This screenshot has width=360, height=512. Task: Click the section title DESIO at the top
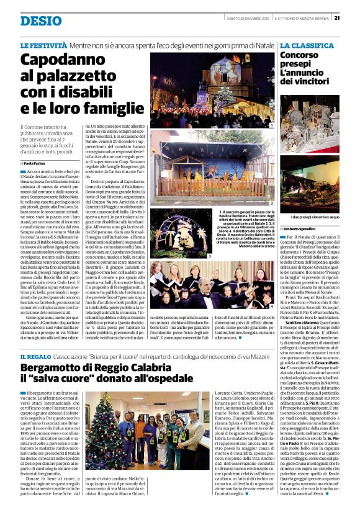pos(41,20)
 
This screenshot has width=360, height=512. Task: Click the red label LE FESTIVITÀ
pos(43,46)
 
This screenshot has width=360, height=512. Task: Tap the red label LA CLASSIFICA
pos(307,46)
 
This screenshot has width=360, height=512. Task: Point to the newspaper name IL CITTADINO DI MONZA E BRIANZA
pos(300,17)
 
